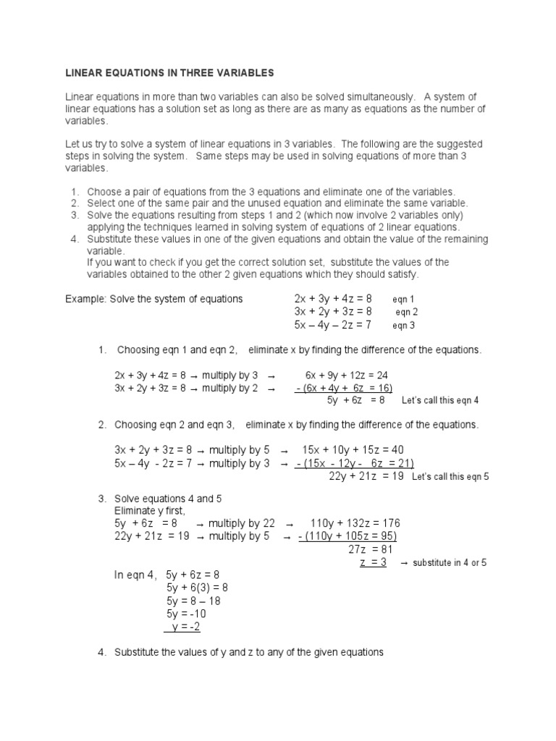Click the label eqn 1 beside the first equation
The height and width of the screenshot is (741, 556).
click(404, 299)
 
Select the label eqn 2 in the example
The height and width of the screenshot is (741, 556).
click(406, 313)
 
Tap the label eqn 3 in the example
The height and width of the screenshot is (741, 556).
click(404, 326)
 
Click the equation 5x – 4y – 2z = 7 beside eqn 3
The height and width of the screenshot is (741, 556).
click(333, 326)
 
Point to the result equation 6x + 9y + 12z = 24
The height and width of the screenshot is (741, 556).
click(347, 375)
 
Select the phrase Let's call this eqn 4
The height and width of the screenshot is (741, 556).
click(440, 400)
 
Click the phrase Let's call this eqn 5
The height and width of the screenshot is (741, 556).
click(450, 478)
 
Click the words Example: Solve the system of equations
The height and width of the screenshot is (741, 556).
click(154, 299)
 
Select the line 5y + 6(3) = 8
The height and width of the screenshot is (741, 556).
click(197, 588)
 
